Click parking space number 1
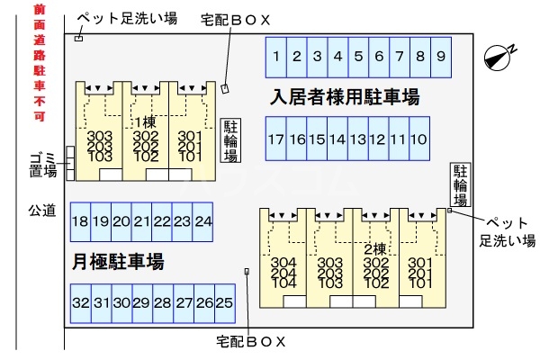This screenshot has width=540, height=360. click(276, 57)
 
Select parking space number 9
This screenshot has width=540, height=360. click(440, 57)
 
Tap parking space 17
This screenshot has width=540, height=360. click(275, 139)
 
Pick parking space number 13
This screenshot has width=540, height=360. click(357, 139)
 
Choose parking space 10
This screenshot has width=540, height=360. click(418, 139)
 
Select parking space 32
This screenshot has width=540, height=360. click(80, 303)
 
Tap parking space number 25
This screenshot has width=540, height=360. click(224, 303)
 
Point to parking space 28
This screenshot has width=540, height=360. click(162, 303)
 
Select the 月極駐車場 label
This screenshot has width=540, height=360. click(118, 262)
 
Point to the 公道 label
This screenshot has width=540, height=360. click(41, 211)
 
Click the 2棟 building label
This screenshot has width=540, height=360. click(375, 248)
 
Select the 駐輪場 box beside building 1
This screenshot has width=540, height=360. click(230, 141)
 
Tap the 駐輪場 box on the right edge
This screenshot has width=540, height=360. click(461, 185)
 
